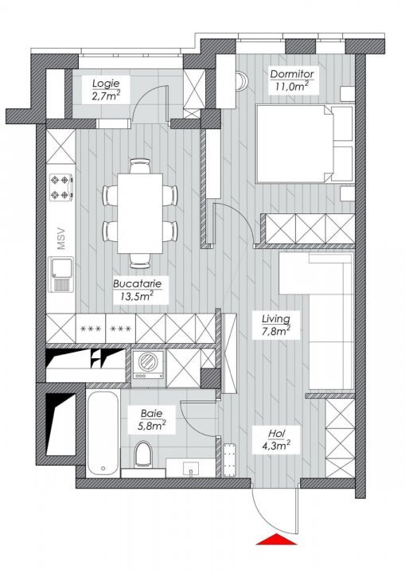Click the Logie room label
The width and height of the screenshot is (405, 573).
tap(106, 89)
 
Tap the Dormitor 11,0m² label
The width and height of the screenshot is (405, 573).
tap(292, 80)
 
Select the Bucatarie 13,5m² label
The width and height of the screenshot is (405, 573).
tap(137, 290)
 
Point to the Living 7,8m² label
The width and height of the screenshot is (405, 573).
tap(276, 325)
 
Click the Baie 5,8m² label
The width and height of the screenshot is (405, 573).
tap(152, 420)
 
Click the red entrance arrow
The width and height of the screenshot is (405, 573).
tap(276, 539)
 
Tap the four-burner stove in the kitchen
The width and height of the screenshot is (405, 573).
tap(61, 187)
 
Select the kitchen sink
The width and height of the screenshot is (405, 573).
tap(61, 274)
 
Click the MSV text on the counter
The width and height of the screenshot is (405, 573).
tap(61, 239)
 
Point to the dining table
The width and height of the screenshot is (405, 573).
tap(140, 213)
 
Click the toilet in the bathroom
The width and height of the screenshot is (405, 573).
tap(142, 454)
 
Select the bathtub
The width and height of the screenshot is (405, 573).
tap(103, 434)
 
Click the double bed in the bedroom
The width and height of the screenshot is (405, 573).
tap(305, 143)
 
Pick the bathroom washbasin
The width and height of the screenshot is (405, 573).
tap(190, 468)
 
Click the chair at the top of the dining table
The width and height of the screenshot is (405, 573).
tap(140, 166)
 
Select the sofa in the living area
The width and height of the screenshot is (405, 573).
tap(317, 321)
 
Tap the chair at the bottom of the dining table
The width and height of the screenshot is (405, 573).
tap(140, 261)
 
